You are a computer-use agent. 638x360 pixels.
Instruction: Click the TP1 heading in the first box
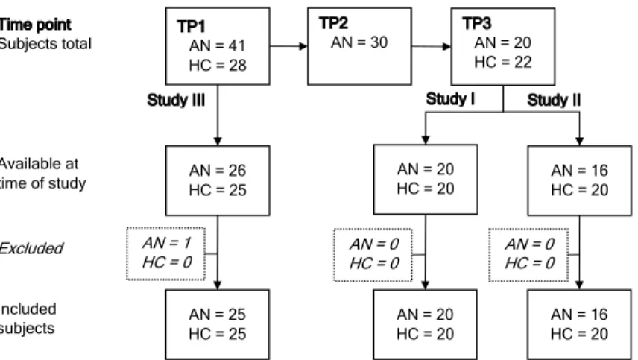pos(192,26)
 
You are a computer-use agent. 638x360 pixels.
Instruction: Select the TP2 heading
pos(333,23)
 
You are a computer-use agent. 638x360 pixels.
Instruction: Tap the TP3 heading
pos(477,23)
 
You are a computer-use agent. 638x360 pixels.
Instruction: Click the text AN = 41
pos(218,46)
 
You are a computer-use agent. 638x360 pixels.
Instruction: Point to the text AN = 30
pos(359,42)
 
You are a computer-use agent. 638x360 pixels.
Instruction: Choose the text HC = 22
pos(503,63)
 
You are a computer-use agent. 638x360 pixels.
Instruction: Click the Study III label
pos(176,100)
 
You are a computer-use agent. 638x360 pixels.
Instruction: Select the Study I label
pos(450,99)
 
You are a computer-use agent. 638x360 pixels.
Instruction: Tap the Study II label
pos(554,100)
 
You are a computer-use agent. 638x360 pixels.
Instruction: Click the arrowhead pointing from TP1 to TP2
pos(303,46)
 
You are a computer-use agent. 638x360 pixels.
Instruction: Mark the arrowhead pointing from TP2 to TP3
pos(446,46)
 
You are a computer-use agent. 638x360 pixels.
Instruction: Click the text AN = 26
pos(218,171)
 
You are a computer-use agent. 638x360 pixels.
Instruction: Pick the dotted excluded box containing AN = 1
pos(166,228)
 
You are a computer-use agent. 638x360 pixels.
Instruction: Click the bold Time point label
pos(35,25)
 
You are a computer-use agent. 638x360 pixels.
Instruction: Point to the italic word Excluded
pos(31,248)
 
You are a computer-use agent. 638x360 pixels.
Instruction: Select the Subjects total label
pos(45,44)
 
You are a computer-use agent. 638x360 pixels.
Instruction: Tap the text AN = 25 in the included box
pos(218,315)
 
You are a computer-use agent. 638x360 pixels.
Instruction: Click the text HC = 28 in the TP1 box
pos(218,66)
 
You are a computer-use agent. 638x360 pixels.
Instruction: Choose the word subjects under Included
pos(27,328)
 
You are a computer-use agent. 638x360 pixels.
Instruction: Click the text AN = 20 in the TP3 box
pos(503,42)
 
